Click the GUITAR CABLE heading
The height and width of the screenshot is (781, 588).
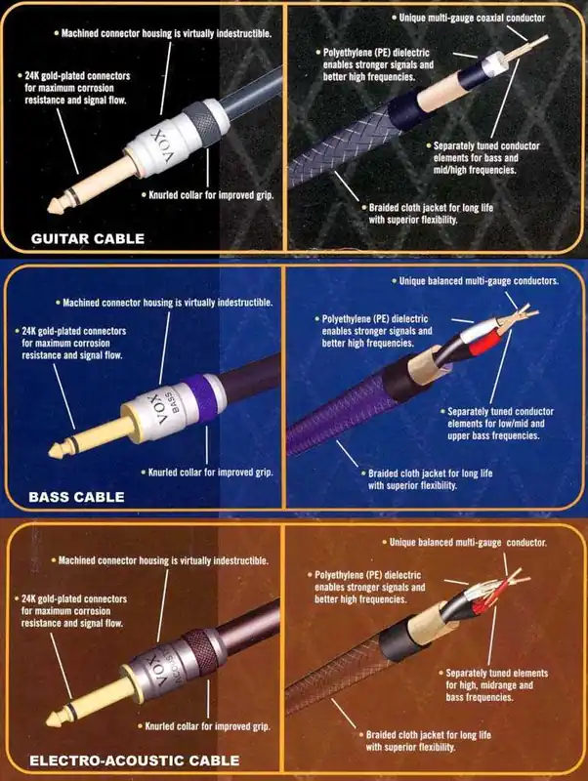88,238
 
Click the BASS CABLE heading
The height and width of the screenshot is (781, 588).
76,497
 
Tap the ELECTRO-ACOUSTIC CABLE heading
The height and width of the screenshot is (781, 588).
135,760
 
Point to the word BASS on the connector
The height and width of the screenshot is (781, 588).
170,402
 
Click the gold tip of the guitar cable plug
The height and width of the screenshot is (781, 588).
56,204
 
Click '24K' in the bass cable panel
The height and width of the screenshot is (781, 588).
29,331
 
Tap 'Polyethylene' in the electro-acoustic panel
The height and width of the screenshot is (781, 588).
339,575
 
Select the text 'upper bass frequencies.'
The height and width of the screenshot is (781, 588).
493,435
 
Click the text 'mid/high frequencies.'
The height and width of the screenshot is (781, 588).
475,170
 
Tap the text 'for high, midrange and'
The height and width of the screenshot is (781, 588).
489,685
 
